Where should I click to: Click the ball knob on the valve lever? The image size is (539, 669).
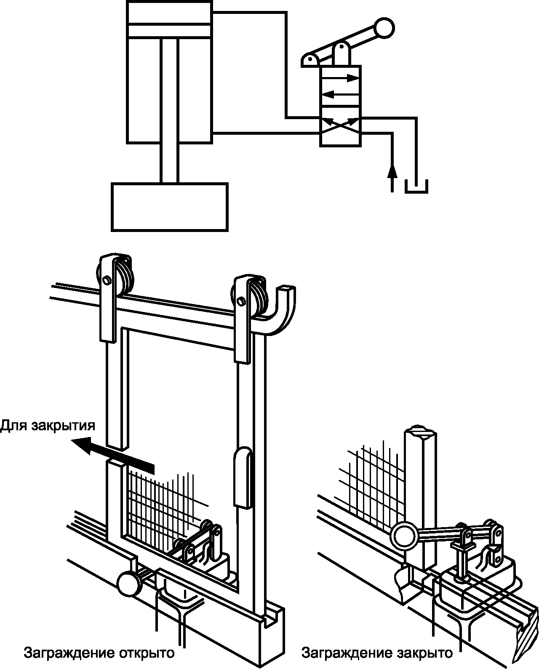pyautogui.click(x=384, y=28)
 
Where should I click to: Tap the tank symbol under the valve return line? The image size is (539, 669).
pyautogui.click(x=416, y=188)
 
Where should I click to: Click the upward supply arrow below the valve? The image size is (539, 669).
pyautogui.click(x=392, y=173)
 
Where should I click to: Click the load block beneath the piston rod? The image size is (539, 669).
pyautogui.click(x=170, y=207)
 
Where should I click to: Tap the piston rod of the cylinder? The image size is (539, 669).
pyautogui.click(x=170, y=109)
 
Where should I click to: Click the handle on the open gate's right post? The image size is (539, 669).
pyautogui.click(x=242, y=478)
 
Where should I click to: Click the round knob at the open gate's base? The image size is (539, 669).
pyautogui.click(x=129, y=583)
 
